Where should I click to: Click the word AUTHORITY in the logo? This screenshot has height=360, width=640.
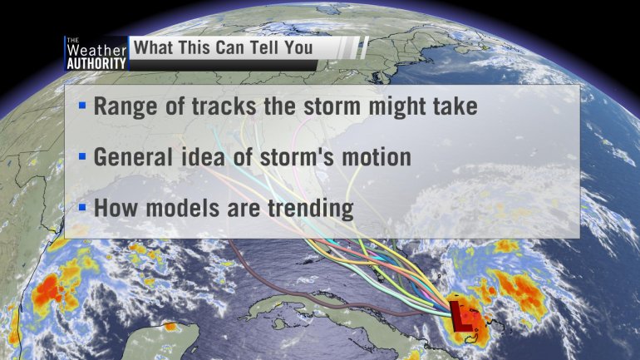click(x=96, y=63)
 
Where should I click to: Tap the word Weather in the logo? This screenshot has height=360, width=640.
click(x=96, y=50)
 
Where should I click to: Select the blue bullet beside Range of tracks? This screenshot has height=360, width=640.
click(x=82, y=106)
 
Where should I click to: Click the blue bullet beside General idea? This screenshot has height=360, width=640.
click(x=82, y=156)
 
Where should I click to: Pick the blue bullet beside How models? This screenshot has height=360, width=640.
click(x=82, y=207)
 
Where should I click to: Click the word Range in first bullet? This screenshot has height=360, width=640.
click(x=126, y=107)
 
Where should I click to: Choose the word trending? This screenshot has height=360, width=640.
click(x=311, y=209)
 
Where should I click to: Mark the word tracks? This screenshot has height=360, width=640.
click(x=224, y=106)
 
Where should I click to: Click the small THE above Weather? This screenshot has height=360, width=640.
click(x=72, y=40)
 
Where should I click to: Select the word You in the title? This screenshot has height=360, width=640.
click(x=298, y=47)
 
